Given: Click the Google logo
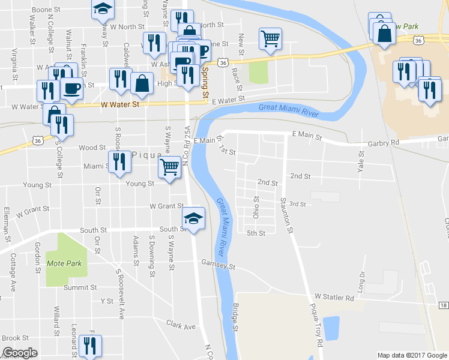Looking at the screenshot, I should (20, 353).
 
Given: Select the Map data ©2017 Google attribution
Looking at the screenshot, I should (412, 355).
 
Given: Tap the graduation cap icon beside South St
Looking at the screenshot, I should (193, 219).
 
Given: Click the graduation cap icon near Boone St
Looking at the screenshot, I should (103, 8).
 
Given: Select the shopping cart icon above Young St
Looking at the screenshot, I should (170, 167).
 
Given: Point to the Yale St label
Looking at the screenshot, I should (361, 161).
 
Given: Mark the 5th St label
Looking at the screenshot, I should (256, 233).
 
